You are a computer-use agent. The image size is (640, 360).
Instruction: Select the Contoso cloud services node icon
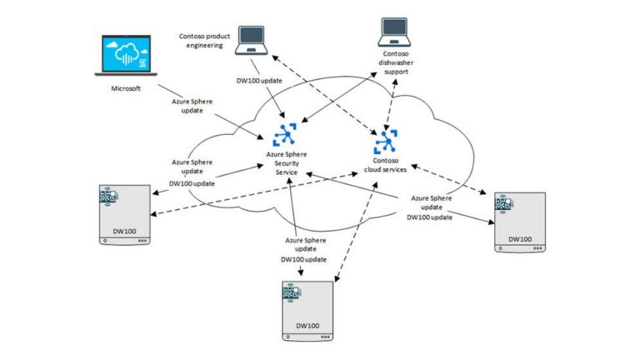pos(387,139)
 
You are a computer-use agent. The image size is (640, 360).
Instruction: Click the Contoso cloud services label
pos(387,164)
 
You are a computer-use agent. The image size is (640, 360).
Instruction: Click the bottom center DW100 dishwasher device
pos(308,311)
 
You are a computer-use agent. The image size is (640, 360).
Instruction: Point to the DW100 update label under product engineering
pos(262,80)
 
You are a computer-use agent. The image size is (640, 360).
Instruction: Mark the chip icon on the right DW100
pos(505,204)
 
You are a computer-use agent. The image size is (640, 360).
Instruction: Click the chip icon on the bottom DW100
pos(294,292)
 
